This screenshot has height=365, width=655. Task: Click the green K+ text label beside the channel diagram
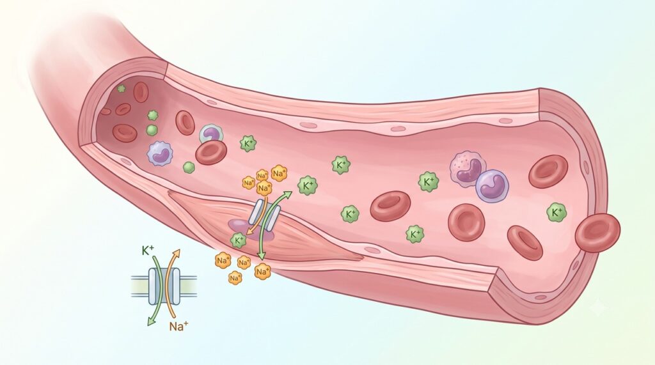(x=148, y=250)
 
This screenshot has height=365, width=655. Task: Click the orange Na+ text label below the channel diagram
(x=179, y=326)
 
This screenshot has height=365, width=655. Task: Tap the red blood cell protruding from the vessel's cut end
(x=598, y=233)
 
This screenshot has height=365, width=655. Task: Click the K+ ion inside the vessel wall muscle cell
(x=239, y=240)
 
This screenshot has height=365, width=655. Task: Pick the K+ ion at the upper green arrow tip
(x=308, y=186)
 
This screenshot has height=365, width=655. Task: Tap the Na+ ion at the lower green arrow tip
(x=262, y=272)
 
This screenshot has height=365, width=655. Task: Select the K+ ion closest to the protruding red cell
(x=556, y=213)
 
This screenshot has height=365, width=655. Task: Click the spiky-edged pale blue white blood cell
(x=159, y=153)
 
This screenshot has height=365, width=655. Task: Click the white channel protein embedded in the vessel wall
(x=265, y=215)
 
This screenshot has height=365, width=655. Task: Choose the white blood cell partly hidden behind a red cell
(x=211, y=135)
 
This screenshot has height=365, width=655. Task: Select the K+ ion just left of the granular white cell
(x=428, y=182)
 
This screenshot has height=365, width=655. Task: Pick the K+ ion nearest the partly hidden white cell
(x=248, y=144)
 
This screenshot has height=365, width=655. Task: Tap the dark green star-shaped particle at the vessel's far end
(x=121, y=89)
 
